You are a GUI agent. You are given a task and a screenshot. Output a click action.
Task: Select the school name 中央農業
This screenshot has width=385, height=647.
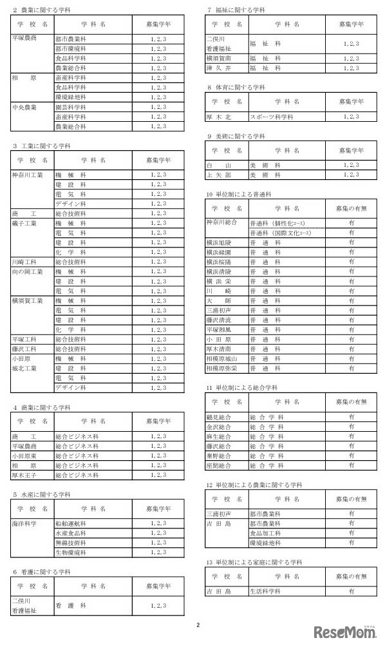[x=26, y=107]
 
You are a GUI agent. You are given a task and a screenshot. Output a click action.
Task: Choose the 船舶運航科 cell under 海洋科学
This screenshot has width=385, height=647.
[x=71, y=524]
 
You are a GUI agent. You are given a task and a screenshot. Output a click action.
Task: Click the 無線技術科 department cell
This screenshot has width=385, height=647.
[x=71, y=543]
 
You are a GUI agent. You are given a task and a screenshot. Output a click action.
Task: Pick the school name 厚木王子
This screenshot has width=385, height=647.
[x=26, y=475]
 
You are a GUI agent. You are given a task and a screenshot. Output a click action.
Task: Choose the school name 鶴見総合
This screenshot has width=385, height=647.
[x=220, y=417]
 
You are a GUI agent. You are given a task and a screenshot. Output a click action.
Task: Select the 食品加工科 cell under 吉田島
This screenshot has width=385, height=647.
[x=266, y=533]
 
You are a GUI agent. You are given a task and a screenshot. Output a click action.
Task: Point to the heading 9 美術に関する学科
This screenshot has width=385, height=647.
[x=236, y=136]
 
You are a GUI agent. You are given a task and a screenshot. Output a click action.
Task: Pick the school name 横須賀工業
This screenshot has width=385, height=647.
[x=28, y=300]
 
